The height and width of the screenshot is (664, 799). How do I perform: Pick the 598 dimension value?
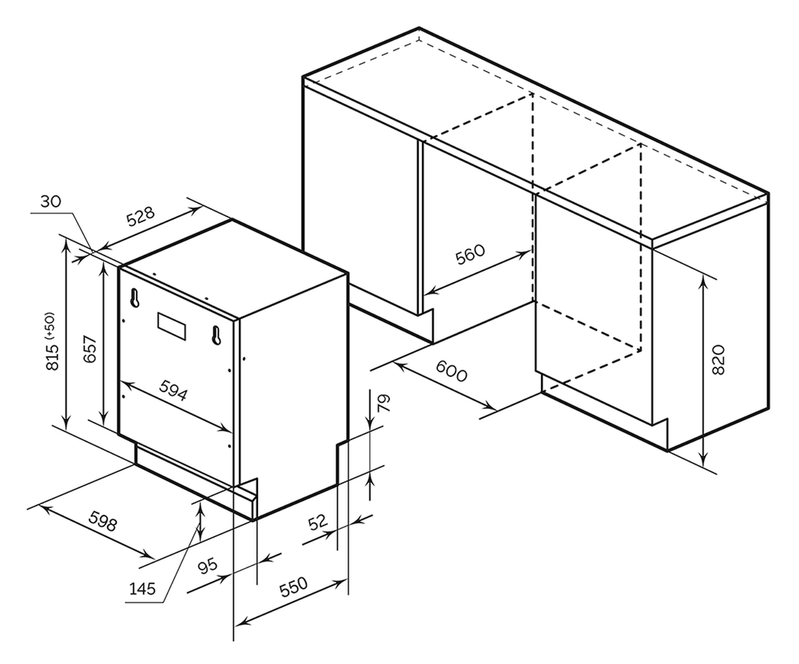(x=102, y=521)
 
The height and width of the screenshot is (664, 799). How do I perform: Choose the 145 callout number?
(x=142, y=590)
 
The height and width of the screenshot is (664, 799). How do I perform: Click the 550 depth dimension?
(x=292, y=590)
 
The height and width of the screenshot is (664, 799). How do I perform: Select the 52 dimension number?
(x=318, y=523)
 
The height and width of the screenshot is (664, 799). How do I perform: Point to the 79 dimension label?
(x=384, y=402)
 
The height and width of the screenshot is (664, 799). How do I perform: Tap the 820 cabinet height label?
(x=717, y=360)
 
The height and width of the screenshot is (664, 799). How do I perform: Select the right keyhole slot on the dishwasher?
(x=215, y=335)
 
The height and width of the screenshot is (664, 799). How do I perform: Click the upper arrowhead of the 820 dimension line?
(x=702, y=279)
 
